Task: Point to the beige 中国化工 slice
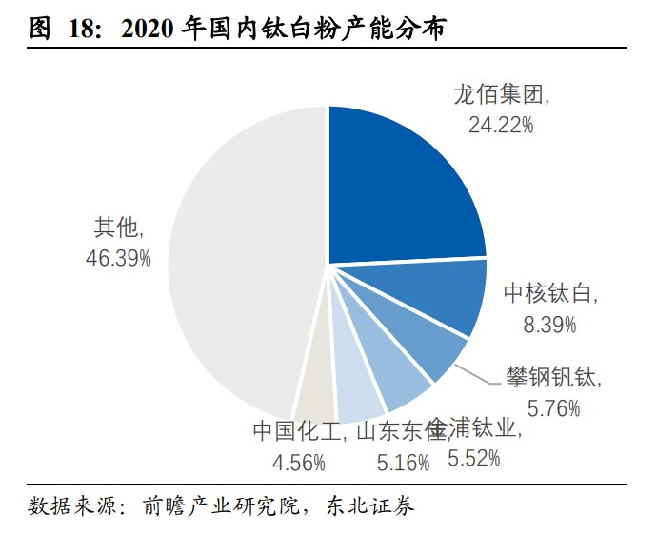[316, 390]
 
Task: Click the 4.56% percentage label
[298, 463]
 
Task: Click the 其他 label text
[117, 228]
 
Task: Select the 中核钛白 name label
[551, 295]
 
